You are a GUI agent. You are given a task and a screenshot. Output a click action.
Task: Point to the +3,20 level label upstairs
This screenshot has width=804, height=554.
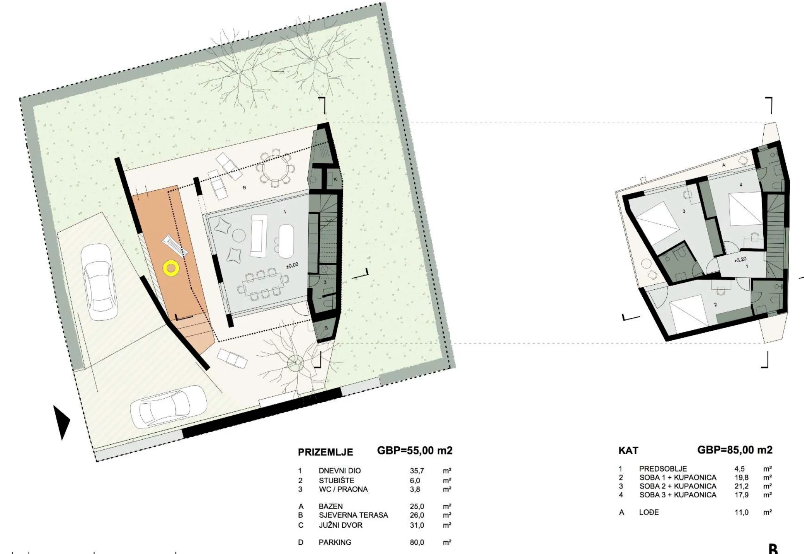click(740, 260)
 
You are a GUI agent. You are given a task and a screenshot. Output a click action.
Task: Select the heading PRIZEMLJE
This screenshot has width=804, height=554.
click(325, 452)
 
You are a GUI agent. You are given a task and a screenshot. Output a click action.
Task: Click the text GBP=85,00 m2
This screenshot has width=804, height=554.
click(735, 450)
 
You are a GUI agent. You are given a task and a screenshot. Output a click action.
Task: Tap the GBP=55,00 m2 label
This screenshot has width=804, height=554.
click(415, 451)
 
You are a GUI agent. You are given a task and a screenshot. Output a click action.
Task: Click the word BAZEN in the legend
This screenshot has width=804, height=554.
click(331, 506)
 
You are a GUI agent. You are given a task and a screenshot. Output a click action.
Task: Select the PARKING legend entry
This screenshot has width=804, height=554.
click(335, 542)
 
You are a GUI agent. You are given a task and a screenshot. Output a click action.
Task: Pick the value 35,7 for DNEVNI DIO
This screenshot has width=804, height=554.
click(417, 471)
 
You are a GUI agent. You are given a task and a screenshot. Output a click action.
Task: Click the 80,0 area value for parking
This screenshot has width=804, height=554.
click(417, 542)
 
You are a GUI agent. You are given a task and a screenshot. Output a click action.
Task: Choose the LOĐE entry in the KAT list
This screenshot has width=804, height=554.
click(649, 512)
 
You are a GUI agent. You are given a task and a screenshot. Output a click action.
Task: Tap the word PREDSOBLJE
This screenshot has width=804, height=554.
click(663, 469)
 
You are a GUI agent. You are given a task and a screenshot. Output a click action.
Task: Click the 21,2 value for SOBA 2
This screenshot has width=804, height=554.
click(741, 486)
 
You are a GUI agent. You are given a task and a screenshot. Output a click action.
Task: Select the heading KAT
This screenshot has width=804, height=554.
click(628, 451)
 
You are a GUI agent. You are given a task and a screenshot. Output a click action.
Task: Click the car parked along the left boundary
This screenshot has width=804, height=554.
click(99, 282)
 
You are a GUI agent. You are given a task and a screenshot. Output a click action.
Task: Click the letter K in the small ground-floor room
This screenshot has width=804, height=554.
click(335, 179)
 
